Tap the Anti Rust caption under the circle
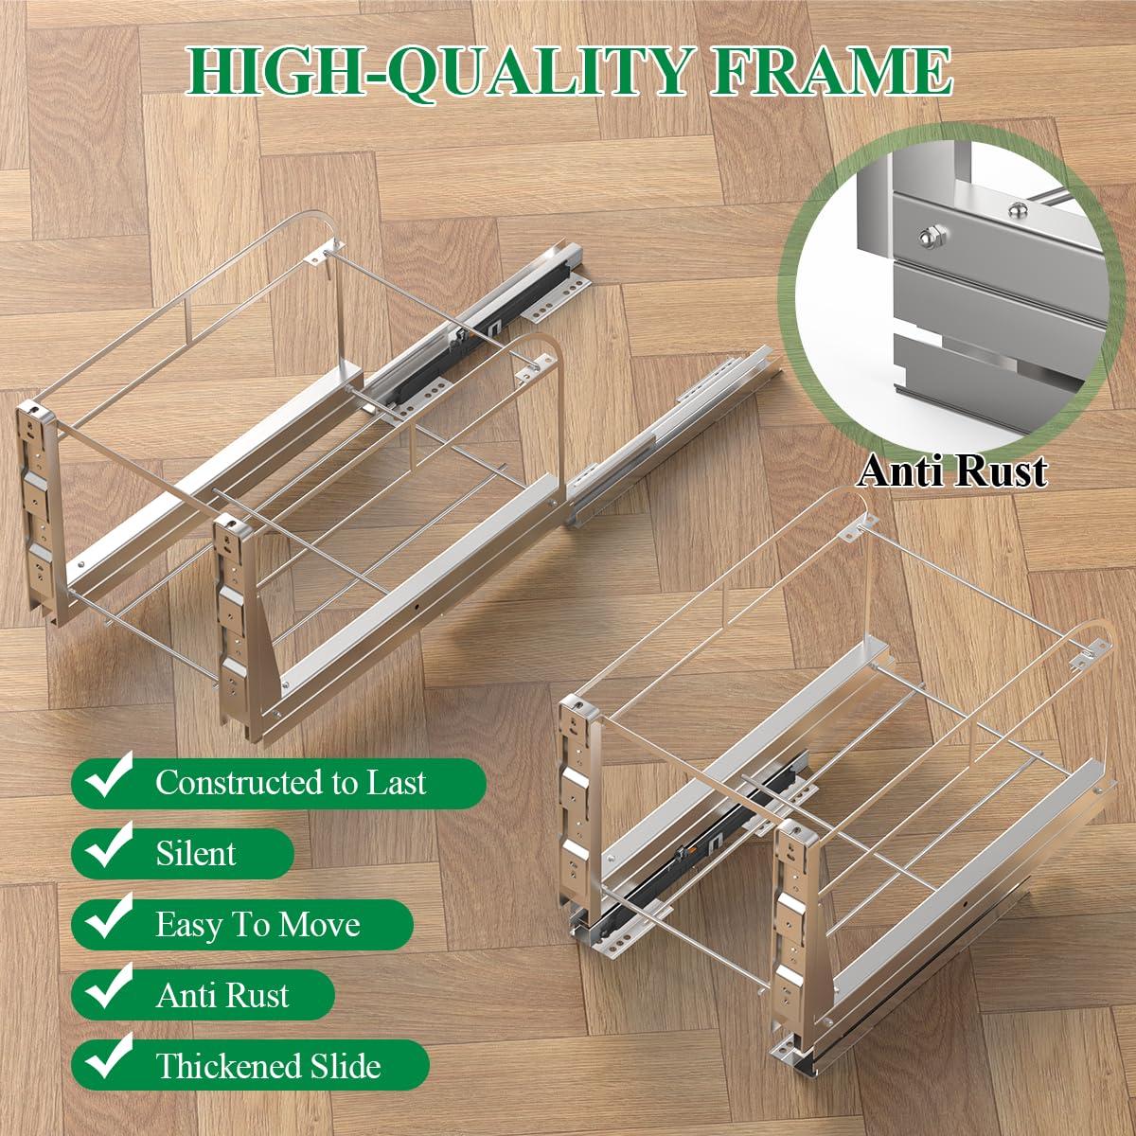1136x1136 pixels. [x=951, y=470]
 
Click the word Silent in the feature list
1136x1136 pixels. [x=196, y=853]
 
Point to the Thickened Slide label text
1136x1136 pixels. [x=268, y=1066]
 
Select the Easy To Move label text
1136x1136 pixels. [x=257, y=924]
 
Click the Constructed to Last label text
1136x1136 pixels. [x=291, y=782]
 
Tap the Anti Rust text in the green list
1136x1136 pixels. [x=222, y=995]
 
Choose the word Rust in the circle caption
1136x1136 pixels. [x=1002, y=470]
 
